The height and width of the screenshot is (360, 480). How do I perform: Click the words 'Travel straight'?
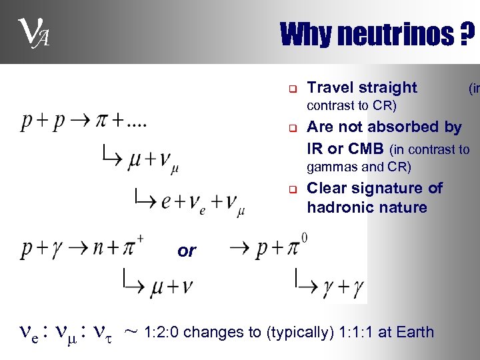point(361,87)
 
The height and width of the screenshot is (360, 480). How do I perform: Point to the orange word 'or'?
point(187,251)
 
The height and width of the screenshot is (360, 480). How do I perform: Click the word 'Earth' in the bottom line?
point(415,332)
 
